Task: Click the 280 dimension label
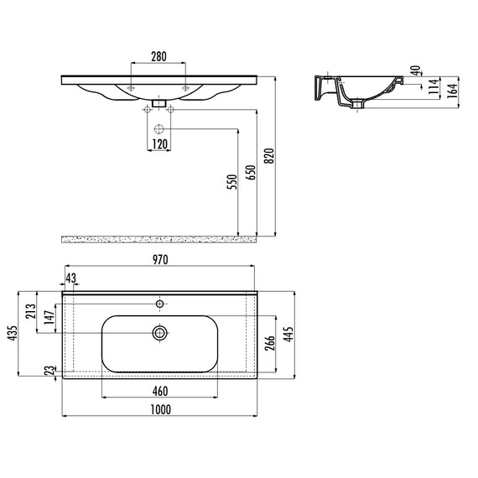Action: [x=158, y=57]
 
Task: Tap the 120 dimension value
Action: [x=159, y=144]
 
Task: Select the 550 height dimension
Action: [x=232, y=182]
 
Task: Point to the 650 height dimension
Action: [x=251, y=172]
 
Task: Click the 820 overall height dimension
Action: [x=269, y=156]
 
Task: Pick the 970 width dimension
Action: [x=160, y=260]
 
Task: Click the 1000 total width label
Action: [x=161, y=410]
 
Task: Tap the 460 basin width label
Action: [x=160, y=392]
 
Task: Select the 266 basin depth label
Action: [x=270, y=343]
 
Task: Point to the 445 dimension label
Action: [x=288, y=334]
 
